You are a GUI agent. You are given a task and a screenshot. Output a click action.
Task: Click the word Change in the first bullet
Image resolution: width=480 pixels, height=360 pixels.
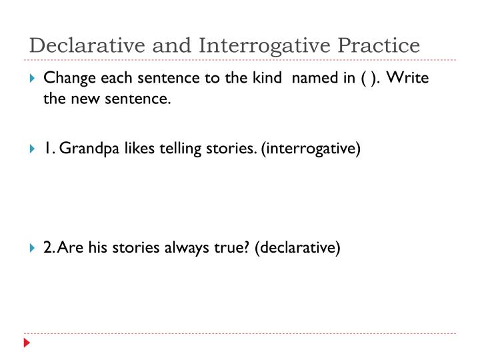click(x=67, y=78)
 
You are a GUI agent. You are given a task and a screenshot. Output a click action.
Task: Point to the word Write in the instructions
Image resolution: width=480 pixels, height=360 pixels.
click(x=407, y=78)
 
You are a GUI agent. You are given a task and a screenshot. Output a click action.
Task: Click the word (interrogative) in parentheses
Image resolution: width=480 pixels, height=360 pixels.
click(x=311, y=148)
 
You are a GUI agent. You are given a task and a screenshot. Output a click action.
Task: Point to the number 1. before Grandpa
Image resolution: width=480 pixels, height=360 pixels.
click(x=49, y=148)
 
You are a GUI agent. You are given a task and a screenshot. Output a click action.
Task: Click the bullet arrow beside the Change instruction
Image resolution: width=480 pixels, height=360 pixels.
click(x=33, y=79)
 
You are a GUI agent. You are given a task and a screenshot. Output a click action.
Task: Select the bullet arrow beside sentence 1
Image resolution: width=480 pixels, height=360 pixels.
click(x=33, y=149)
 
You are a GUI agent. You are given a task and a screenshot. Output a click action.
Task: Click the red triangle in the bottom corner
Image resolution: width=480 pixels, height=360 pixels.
click(x=27, y=343)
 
